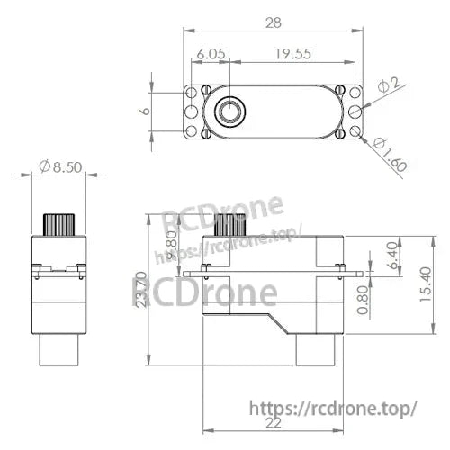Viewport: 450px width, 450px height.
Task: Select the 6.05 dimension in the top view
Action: pyautogui.click(x=210, y=54)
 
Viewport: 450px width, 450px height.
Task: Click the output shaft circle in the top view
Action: pyautogui.click(x=230, y=112)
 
